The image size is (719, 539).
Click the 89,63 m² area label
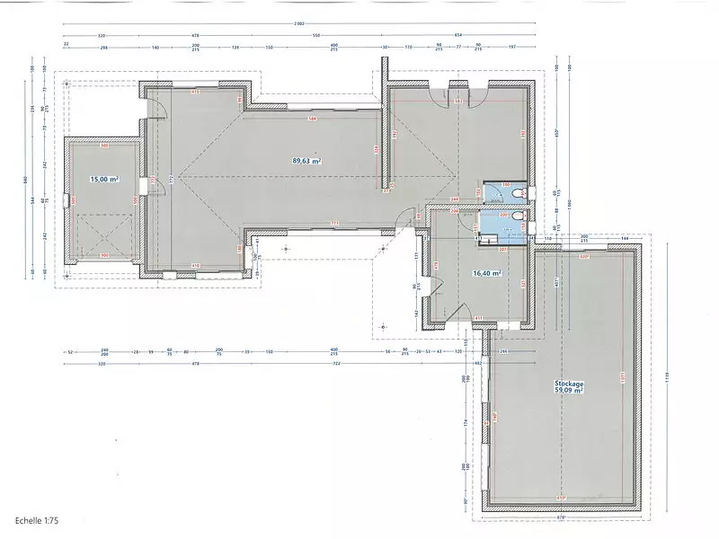click(x=306, y=161)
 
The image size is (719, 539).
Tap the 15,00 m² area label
click(x=104, y=180)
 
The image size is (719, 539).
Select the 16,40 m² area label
click(x=486, y=273)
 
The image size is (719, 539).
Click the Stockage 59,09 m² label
click(x=568, y=387)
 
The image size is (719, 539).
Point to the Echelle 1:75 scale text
click(x=37, y=520)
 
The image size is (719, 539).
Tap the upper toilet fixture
click(x=520, y=191)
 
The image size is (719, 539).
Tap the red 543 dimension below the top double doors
click(x=459, y=101)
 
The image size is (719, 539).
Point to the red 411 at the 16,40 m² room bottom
click(x=479, y=318)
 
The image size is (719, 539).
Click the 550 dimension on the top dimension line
click(x=315, y=35)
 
